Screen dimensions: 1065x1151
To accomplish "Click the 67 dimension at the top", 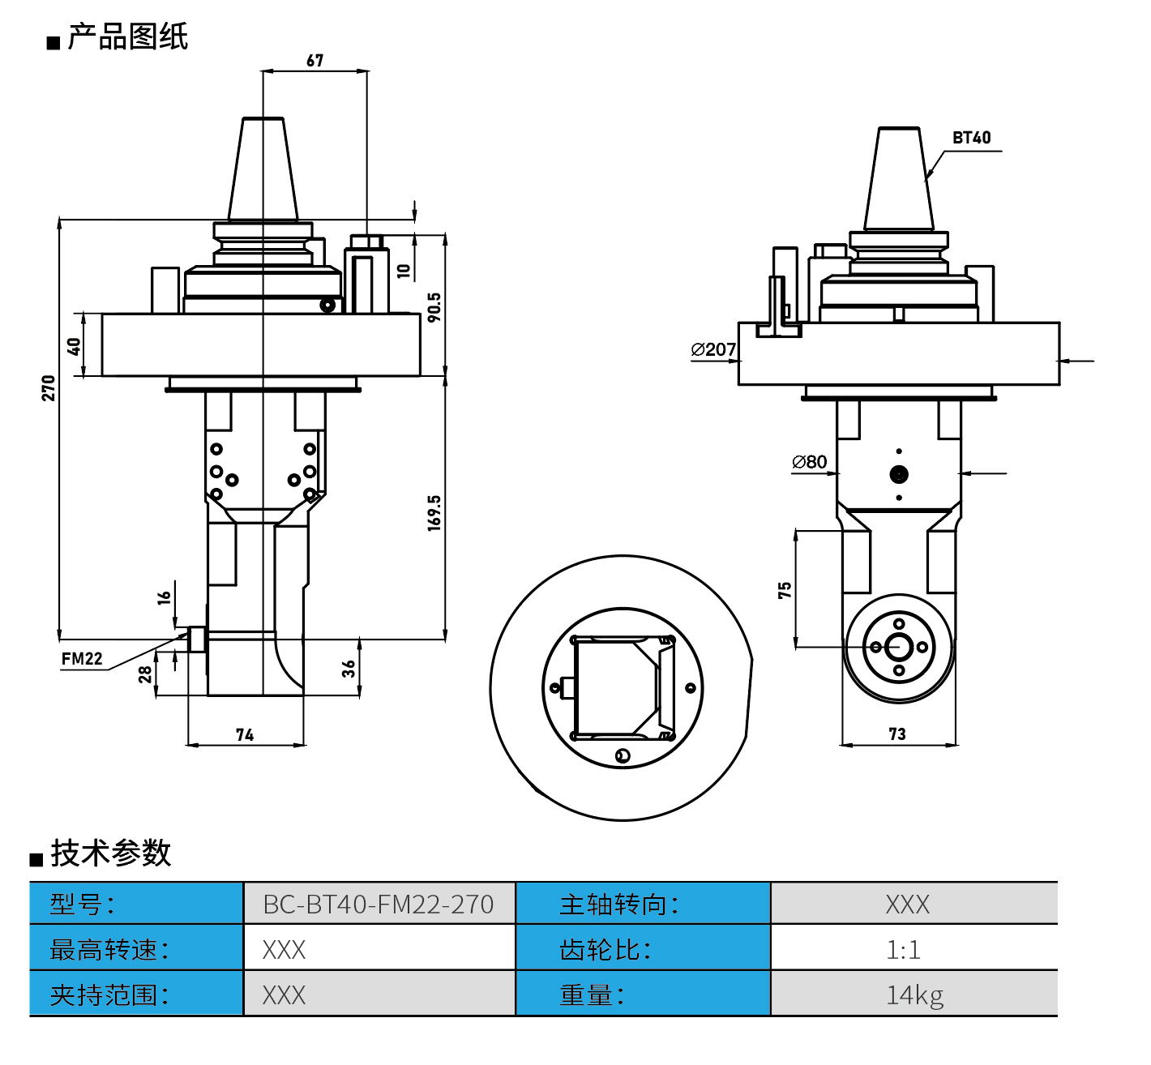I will [x=315, y=61].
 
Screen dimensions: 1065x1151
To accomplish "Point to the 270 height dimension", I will [x=49, y=387].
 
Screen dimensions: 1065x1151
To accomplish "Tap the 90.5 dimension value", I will [x=434, y=307].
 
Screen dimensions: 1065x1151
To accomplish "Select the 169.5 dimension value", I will [x=434, y=513].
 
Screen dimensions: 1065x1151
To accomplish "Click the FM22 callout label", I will [x=82, y=659].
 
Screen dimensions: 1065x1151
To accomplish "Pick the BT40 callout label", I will [x=971, y=138].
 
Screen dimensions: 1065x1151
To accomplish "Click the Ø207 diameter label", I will [x=713, y=349].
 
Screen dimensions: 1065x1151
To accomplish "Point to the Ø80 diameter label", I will [x=810, y=462].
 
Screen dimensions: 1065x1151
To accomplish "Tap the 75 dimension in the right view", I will [x=785, y=590].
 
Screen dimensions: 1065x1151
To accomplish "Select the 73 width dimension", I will [x=897, y=734].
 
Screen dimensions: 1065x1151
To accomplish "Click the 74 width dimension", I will [x=245, y=735].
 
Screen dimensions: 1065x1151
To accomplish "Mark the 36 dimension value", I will [x=349, y=669].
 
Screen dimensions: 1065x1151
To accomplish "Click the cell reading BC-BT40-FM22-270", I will [x=379, y=904].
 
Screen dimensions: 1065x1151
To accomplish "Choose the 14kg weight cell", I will [x=914, y=994].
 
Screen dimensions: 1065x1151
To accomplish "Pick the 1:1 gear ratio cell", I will [x=904, y=949].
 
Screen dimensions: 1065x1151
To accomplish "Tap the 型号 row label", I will [x=82, y=904].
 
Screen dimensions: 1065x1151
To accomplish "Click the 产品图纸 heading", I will [x=127, y=37].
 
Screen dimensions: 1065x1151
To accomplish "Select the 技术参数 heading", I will [x=111, y=853].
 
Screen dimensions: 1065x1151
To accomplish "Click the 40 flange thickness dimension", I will [x=74, y=346].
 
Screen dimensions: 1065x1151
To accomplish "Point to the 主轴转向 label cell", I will [x=619, y=904].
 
